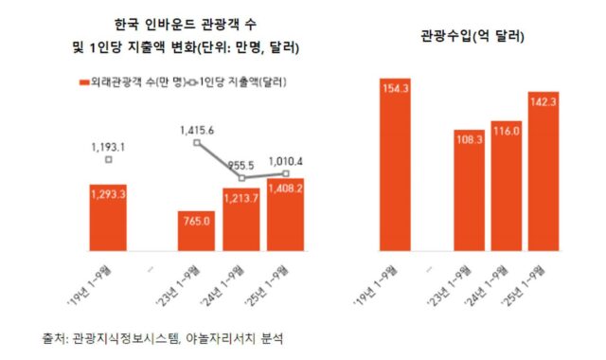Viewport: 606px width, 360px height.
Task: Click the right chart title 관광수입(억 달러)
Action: coord(473,37)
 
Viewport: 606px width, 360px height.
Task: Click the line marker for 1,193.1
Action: coord(110,160)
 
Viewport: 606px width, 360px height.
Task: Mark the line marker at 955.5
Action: coord(242,177)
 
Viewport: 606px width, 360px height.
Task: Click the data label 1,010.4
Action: coord(285,161)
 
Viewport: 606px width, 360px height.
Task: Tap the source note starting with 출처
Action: coord(161,336)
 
